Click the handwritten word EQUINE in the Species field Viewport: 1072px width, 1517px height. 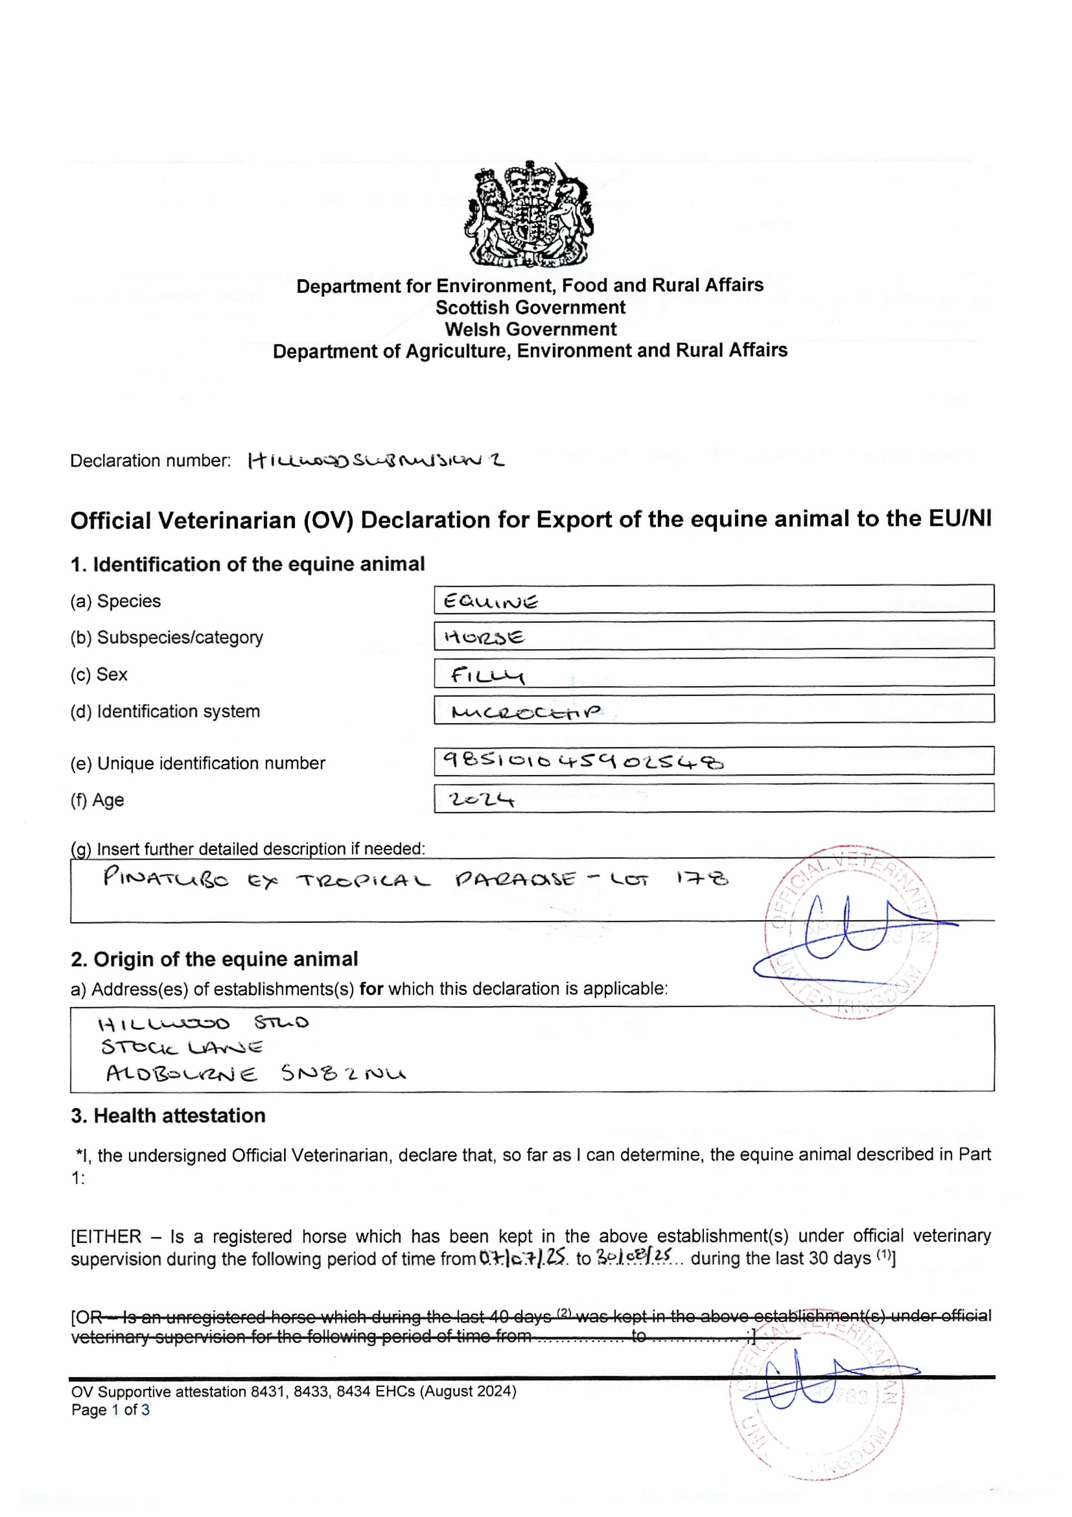click(490, 601)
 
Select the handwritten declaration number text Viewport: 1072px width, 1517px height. click(375, 461)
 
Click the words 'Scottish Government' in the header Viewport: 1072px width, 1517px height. click(530, 307)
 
